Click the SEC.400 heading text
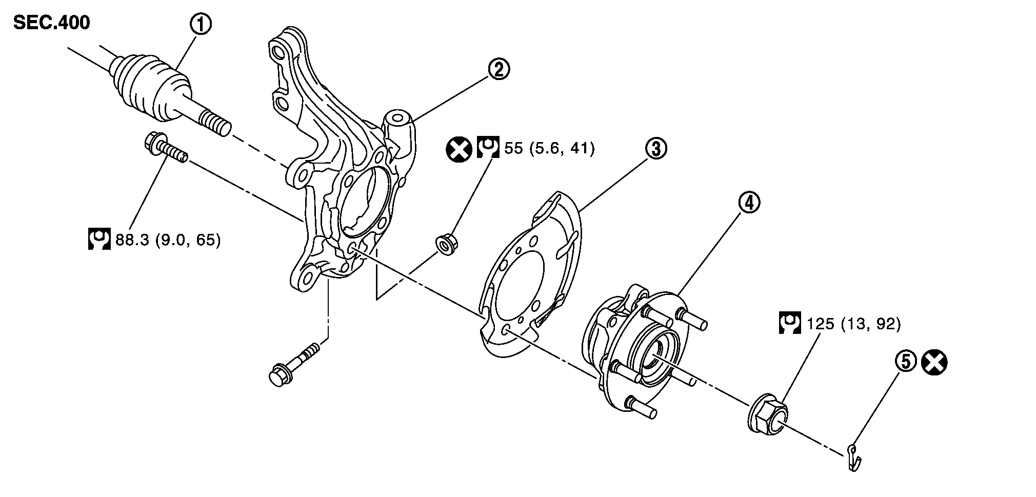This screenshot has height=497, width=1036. tap(51, 23)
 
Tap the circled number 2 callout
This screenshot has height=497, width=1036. tap(499, 69)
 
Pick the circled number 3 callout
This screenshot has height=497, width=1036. tap(656, 149)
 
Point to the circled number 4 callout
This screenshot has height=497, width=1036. tap(749, 203)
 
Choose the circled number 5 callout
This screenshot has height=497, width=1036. tap(905, 362)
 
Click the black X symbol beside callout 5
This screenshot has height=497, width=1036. tap(934, 363)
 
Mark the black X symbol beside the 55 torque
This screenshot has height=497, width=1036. tap(459, 149)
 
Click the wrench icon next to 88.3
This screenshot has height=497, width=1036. tap(99, 240)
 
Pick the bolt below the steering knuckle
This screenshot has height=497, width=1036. tap(293, 365)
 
